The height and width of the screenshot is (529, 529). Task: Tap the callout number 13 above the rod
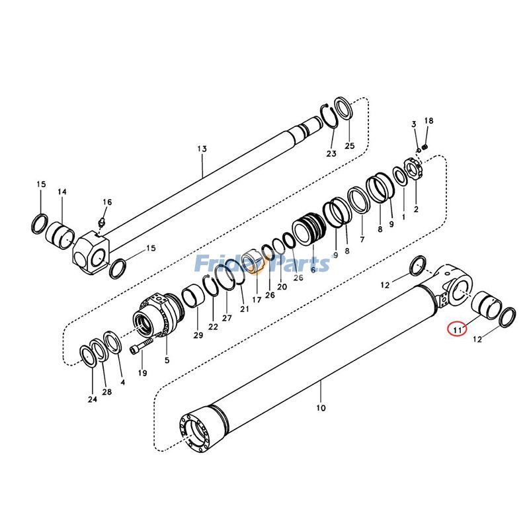tap(202, 149)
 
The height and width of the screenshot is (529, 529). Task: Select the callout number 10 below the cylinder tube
tap(321, 408)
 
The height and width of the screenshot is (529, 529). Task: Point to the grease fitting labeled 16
tap(102, 221)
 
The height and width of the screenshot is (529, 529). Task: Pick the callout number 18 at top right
tap(428, 121)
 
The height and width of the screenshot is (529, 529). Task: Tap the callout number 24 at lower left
tap(91, 399)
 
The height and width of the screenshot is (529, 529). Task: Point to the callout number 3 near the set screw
tap(414, 124)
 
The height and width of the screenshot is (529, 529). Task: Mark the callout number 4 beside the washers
tap(122, 382)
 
